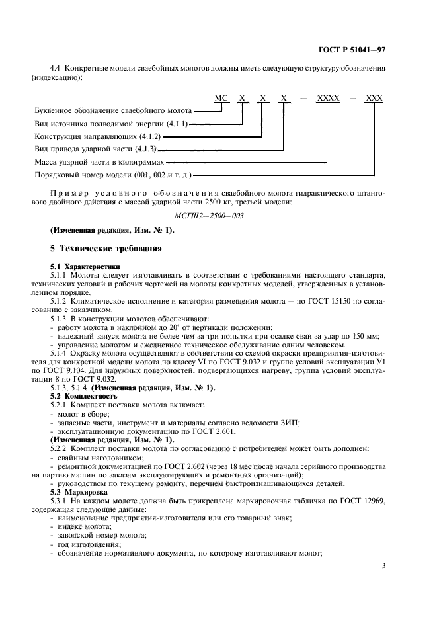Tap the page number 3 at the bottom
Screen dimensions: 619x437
[x=383, y=566]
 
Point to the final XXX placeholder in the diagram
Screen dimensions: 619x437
[x=374, y=97]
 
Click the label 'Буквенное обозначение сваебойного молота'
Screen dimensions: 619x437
[x=113, y=110]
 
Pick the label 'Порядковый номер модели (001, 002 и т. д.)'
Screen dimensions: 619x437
[x=112, y=175]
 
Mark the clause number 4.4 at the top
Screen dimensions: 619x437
[x=56, y=69]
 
